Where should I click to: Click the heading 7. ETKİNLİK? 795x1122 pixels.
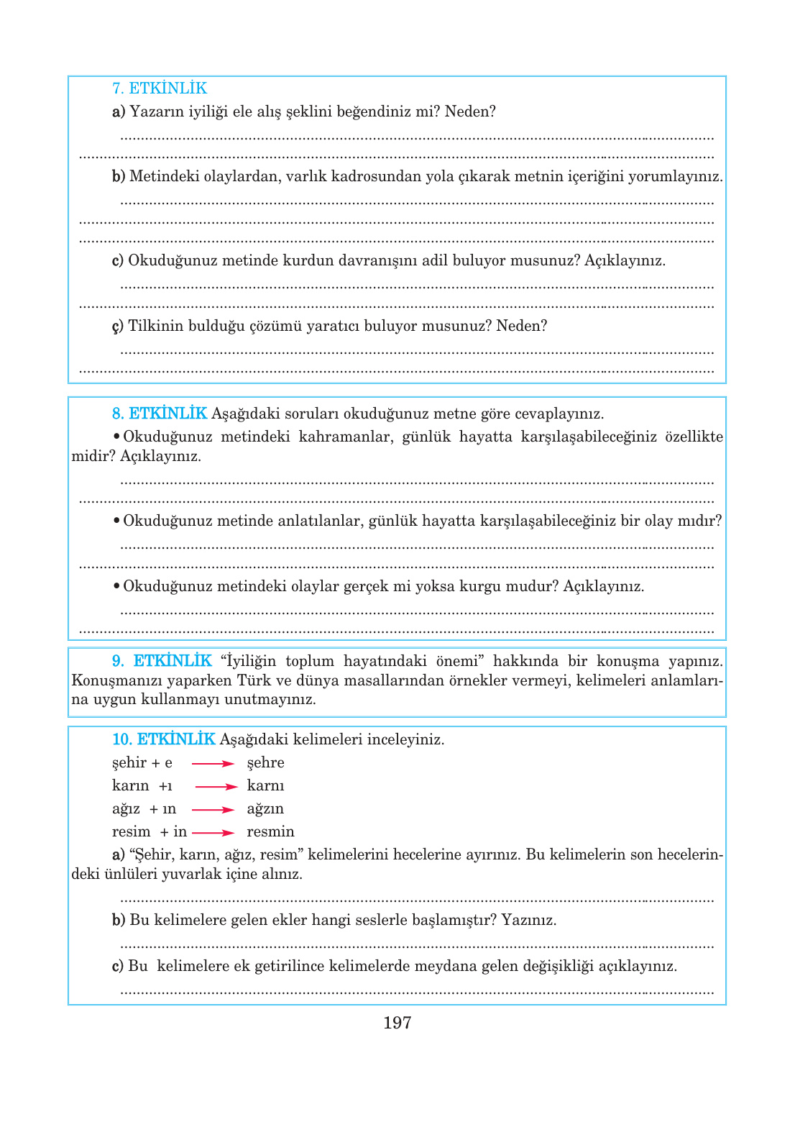[x=159, y=88]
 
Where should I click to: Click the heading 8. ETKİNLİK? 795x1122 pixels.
[x=159, y=414]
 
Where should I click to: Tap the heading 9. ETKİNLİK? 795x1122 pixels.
[x=162, y=661]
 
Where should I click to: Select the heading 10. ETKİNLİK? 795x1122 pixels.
[x=163, y=739]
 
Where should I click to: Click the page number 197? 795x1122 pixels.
[x=397, y=1023]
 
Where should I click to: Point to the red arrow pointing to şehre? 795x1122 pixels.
[x=213, y=764]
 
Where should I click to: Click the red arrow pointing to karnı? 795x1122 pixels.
[x=216, y=787]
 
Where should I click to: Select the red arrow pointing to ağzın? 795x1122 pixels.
[x=213, y=810]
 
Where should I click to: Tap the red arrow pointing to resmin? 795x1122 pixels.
[x=213, y=833]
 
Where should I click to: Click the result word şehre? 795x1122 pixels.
[x=265, y=763]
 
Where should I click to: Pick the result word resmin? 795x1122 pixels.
[x=270, y=832]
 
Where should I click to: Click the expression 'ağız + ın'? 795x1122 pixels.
[x=144, y=809]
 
